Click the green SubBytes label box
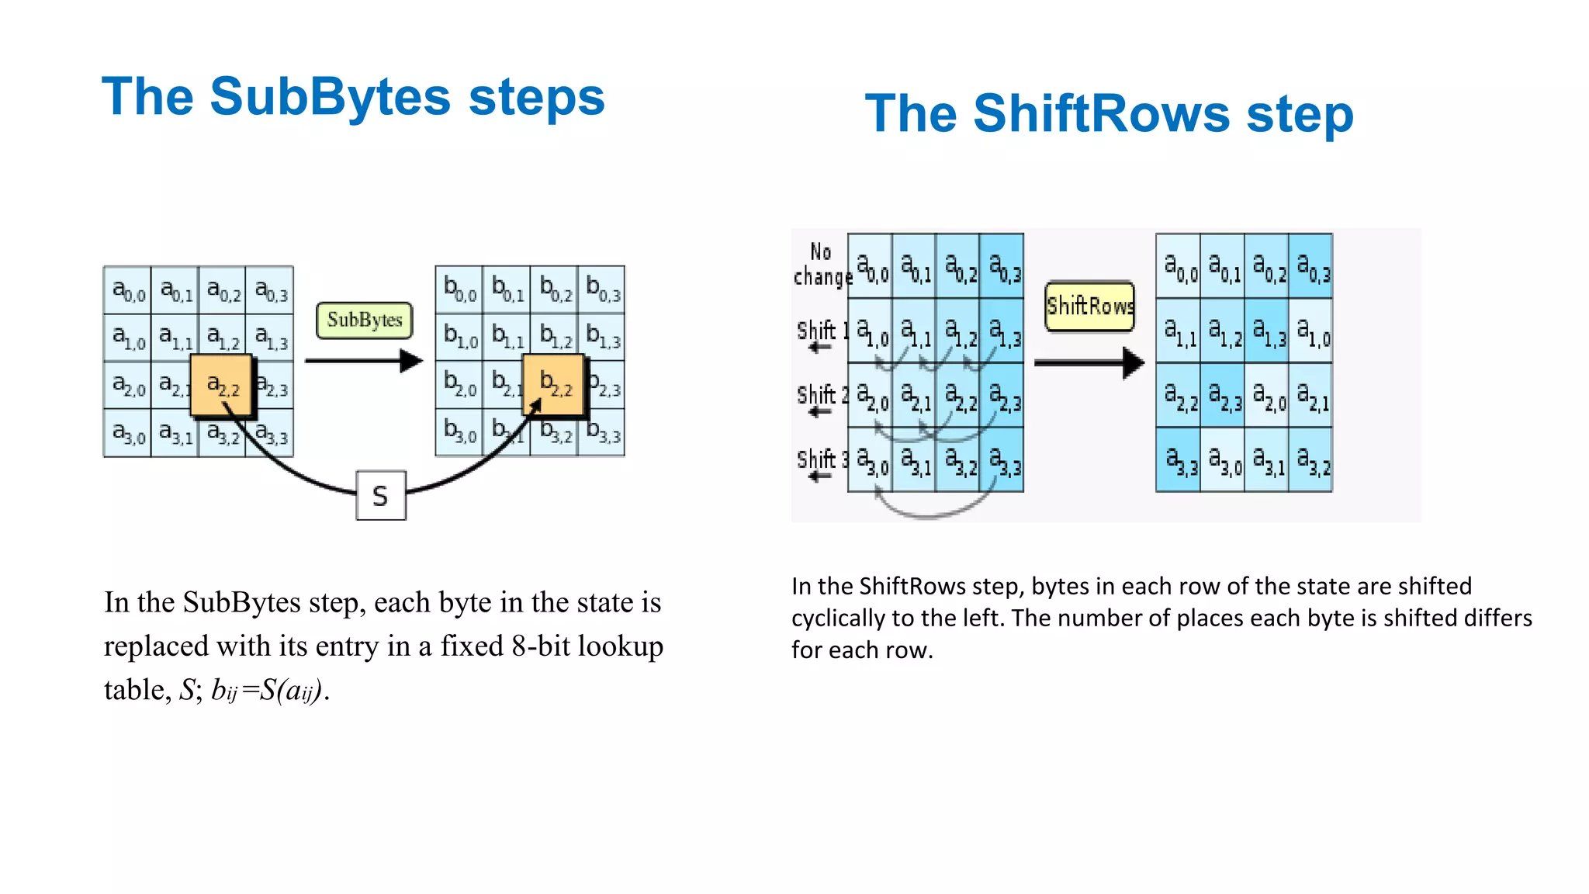364,320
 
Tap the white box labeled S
380,495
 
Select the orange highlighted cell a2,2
222,385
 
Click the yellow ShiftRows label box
1089,306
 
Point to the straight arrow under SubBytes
363,361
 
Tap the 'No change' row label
821,265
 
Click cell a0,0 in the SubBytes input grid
128,290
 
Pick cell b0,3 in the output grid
602,289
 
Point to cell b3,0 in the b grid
459,431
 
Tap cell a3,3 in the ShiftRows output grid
1179,461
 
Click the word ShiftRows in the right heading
1102,113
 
